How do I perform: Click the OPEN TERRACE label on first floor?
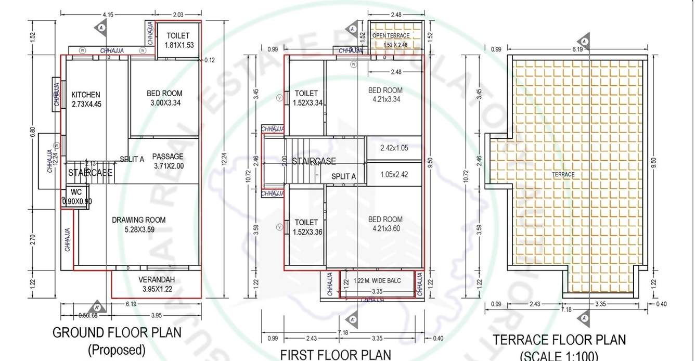tap(391, 35)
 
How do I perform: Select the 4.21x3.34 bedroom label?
tap(385, 94)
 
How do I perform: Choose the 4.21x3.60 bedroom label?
tap(385, 224)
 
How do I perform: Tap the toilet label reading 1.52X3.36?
tap(307, 227)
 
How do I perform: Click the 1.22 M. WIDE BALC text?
tap(378, 281)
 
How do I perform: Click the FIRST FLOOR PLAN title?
tap(336, 355)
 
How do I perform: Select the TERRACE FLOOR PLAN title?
tap(559, 340)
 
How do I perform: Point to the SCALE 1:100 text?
tap(559, 356)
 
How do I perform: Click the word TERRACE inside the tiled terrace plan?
tap(563, 175)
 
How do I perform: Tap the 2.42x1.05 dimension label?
tap(394, 148)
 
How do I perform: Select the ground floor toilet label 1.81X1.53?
tap(179, 40)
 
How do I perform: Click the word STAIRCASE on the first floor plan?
tap(314, 161)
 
